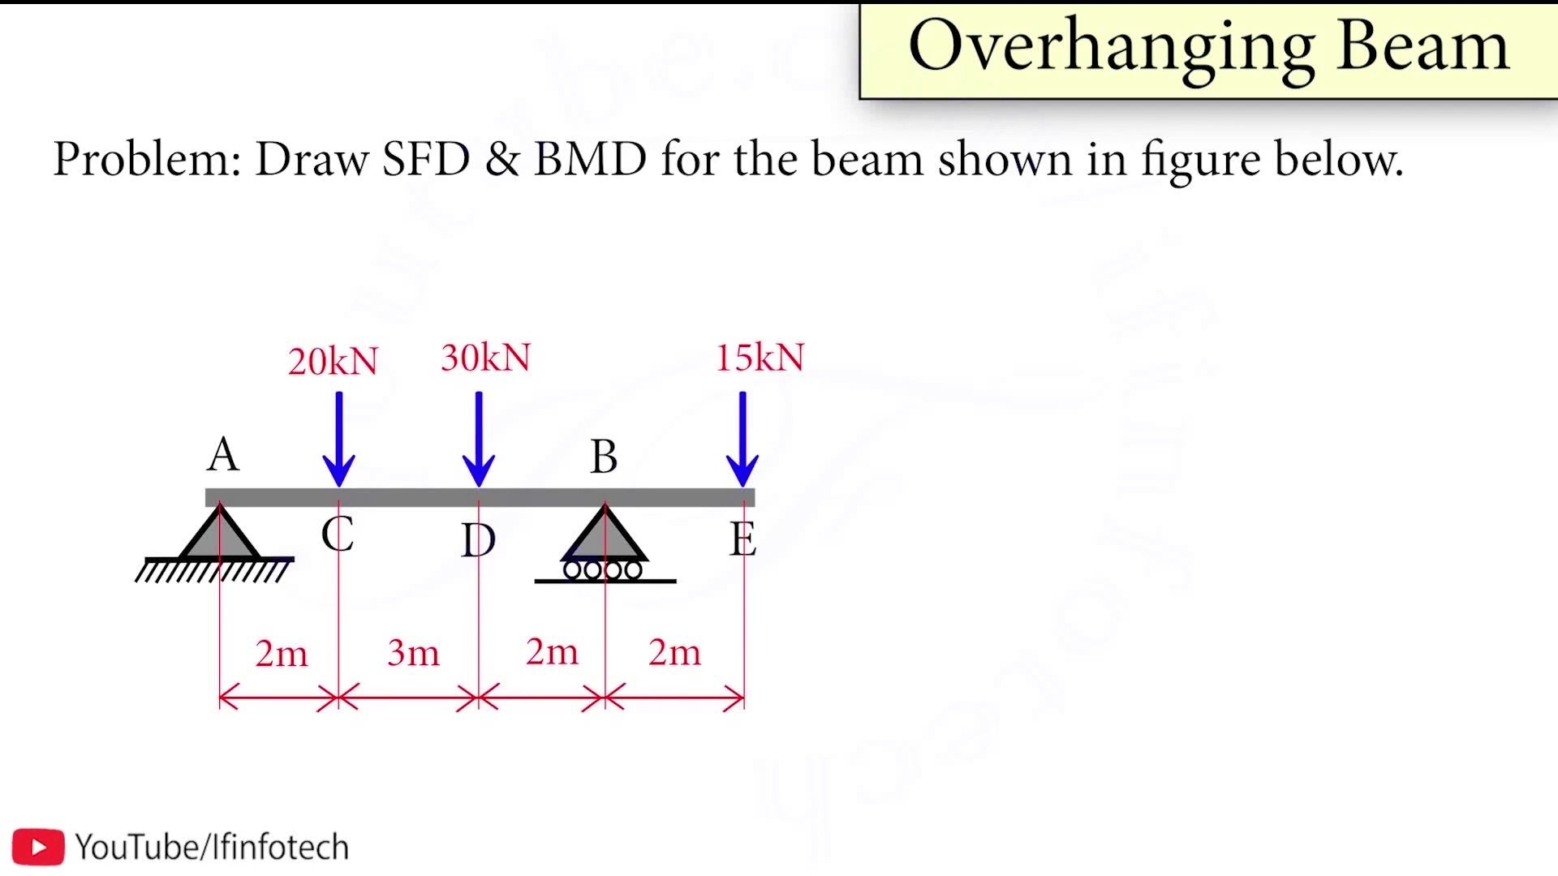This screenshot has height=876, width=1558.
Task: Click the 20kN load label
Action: coord(333,362)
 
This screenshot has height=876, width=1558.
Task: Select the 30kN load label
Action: coord(485,358)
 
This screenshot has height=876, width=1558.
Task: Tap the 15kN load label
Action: coord(760,358)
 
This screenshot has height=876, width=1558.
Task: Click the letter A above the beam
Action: coord(223,454)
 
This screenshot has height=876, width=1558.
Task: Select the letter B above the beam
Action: coord(604,457)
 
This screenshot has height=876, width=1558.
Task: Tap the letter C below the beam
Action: coord(337,534)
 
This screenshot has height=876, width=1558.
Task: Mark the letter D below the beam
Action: coord(478,540)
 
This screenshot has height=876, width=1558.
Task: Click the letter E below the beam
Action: coord(742,539)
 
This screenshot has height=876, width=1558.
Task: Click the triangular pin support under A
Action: coord(219,535)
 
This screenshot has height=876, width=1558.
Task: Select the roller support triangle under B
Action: coord(605,535)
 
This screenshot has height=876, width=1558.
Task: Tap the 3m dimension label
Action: coord(413,653)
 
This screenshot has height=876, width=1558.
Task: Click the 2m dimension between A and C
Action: coord(281,654)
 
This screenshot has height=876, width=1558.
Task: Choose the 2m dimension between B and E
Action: coord(674,652)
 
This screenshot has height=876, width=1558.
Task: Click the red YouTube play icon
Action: coord(38,847)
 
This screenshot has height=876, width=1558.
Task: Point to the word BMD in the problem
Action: coord(590,158)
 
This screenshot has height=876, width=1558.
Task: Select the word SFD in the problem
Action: coord(426,158)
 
